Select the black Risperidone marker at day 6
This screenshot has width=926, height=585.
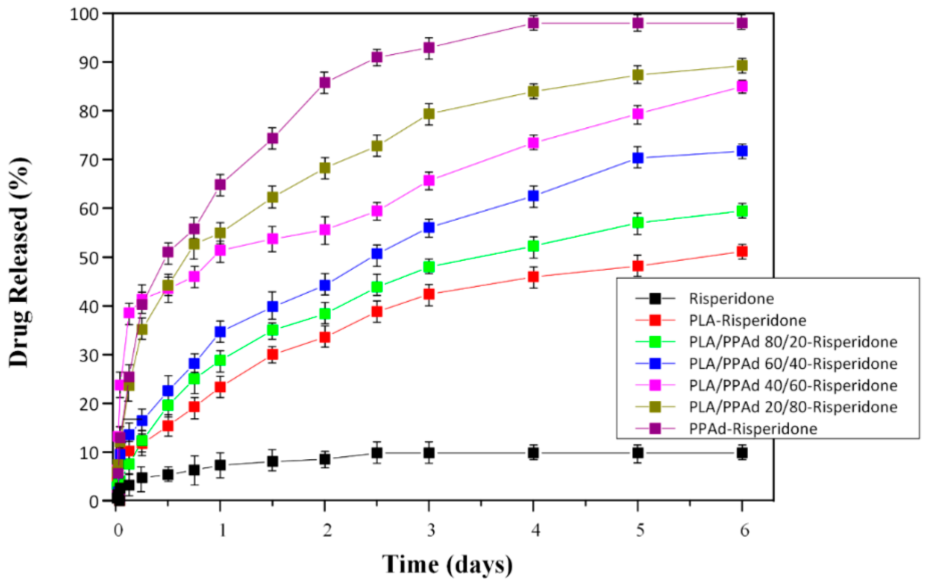tap(742, 453)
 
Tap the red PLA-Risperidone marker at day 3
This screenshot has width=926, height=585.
tap(429, 294)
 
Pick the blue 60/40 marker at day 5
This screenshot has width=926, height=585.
tap(638, 158)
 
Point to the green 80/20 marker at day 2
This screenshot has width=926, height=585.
tap(325, 314)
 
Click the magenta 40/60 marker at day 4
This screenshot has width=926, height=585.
tap(533, 143)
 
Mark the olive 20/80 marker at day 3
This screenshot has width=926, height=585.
tap(429, 114)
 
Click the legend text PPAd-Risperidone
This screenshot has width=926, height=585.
tap(753, 429)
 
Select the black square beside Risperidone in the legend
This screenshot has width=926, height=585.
tap(655, 299)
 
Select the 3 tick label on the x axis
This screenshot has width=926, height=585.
tap(431, 530)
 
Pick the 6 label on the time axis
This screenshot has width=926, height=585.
tap(744, 530)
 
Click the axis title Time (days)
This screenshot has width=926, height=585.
tap(447, 565)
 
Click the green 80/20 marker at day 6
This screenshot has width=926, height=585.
tap(742, 211)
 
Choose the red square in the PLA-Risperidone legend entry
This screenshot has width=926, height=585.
tap(655, 320)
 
